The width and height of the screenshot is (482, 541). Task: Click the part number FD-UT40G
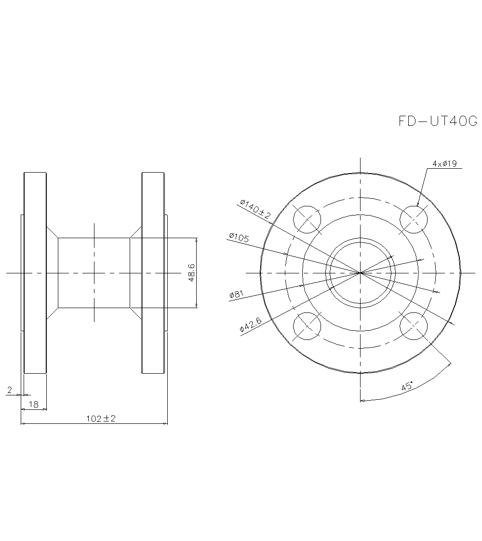[438, 121]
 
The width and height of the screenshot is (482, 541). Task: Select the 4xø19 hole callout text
[444, 164]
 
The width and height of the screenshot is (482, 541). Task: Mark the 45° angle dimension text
[408, 386]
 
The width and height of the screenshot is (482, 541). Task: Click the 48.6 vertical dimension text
[191, 272]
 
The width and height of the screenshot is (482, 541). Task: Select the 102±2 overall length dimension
[101, 419]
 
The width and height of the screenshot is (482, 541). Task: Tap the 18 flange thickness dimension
[34, 405]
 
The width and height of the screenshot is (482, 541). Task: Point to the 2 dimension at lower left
[10, 390]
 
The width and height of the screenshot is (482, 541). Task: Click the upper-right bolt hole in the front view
[414, 219]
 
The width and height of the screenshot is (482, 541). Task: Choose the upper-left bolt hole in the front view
[307, 219]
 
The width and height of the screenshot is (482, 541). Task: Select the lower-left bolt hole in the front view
[307, 326]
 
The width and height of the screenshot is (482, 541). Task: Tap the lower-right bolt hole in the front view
[414, 326]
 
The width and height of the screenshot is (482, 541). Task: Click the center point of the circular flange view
[360, 273]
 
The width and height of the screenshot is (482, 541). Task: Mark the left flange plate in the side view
[35, 273]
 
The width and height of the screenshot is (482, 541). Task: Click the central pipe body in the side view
[94, 273]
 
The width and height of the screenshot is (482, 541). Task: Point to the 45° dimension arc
[424, 388]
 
